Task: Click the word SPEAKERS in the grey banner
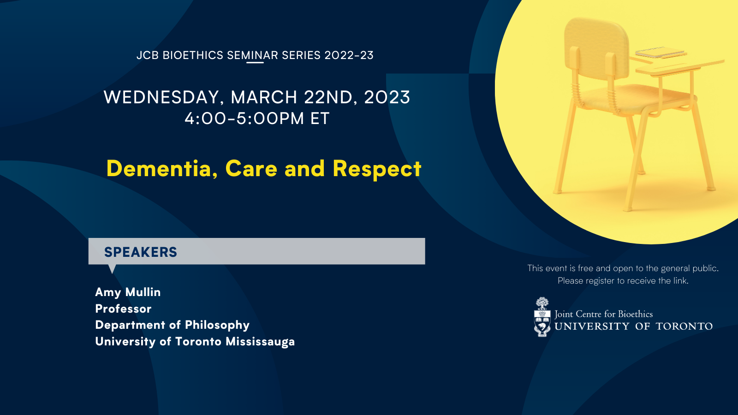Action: pyautogui.click(x=141, y=252)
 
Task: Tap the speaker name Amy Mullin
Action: pyautogui.click(x=128, y=292)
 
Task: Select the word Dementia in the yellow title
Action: pyautogui.click(x=162, y=169)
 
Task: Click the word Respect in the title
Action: pyautogui.click(x=377, y=169)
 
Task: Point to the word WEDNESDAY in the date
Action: pyautogui.click(x=161, y=97)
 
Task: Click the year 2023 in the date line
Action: pyautogui.click(x=387, y=97)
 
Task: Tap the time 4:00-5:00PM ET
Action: pyautogui.click(x=257, y=118)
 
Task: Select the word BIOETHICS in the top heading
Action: pyautogui.click(x=193, y=55)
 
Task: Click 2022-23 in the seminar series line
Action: pyautogui.click(x=349, y=55)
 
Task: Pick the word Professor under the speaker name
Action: pyautogui.click(x=123, y=308)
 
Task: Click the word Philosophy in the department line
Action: pyautogui.click(x=217, y=326)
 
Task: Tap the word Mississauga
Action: pyautogui.click(x=260, y=342)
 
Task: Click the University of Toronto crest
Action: pyautogui.click(x=542, y=317)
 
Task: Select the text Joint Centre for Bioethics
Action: pyautogui.click(x=604, y=314)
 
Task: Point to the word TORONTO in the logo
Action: pyautogui.click(x=684, y=326)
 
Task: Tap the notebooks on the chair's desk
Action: pyautogui.click(x=661, y=53)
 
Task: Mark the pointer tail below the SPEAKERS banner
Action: pyautogui.click(x=112, y=268)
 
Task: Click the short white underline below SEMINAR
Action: pyautogui.click(x=255, y=62)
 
